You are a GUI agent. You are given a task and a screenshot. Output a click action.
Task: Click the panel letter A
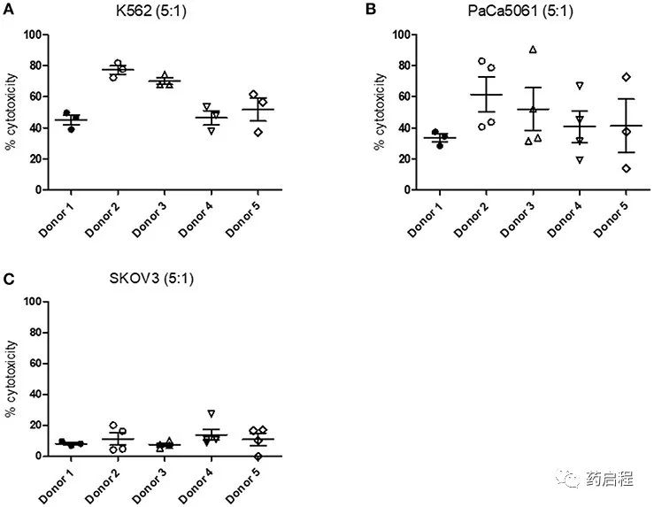[x=9, y=10]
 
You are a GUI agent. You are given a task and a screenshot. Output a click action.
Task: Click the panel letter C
[x=9, y=279]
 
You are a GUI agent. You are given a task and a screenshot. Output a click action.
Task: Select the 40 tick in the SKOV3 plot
[x=36, y=394]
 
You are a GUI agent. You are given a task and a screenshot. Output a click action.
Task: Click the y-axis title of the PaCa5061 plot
[x=380, y=111]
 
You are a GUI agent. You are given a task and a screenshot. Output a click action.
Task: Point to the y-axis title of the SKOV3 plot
[x=12, y=378]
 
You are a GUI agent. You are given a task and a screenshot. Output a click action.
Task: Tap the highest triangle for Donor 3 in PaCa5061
[x=533, y=50]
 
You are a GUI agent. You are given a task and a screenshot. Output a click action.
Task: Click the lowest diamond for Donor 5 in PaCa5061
[x=626, y=168]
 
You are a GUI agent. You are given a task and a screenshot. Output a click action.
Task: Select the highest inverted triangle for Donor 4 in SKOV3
[x=211, y=413]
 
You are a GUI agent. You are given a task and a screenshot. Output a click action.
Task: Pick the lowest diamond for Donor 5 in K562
[x=258, y=132]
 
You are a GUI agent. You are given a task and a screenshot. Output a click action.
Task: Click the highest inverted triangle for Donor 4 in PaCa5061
[x=579, y=86]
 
